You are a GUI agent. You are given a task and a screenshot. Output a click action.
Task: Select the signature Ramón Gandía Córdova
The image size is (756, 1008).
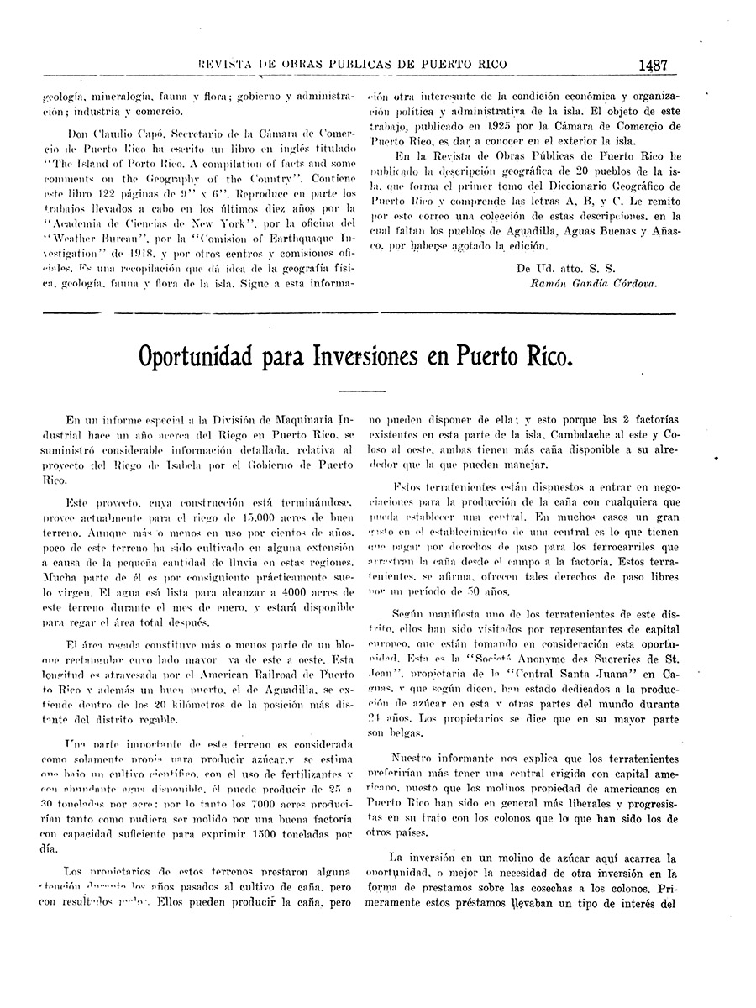click(x=593, y=283)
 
